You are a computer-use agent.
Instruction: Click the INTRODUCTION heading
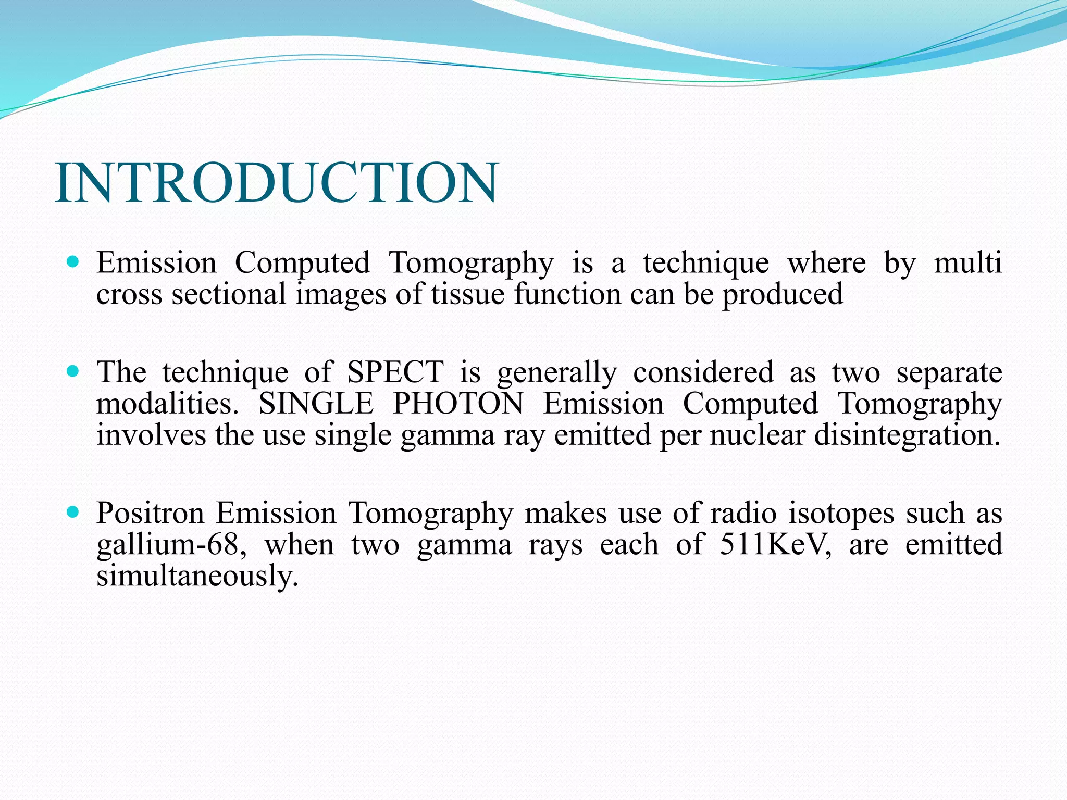tap(277, 183)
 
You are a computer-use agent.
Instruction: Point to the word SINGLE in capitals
tap(316, 404)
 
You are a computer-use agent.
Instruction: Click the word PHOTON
tap(458, 404)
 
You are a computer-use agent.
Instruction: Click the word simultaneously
tap(197, 577)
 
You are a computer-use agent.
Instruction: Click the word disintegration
tap(907, 435)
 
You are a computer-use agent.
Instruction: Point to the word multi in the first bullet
tap(968, 262)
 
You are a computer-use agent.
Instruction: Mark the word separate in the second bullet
tap(949, 373)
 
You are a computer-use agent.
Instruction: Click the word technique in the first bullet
tap(705, 263)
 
